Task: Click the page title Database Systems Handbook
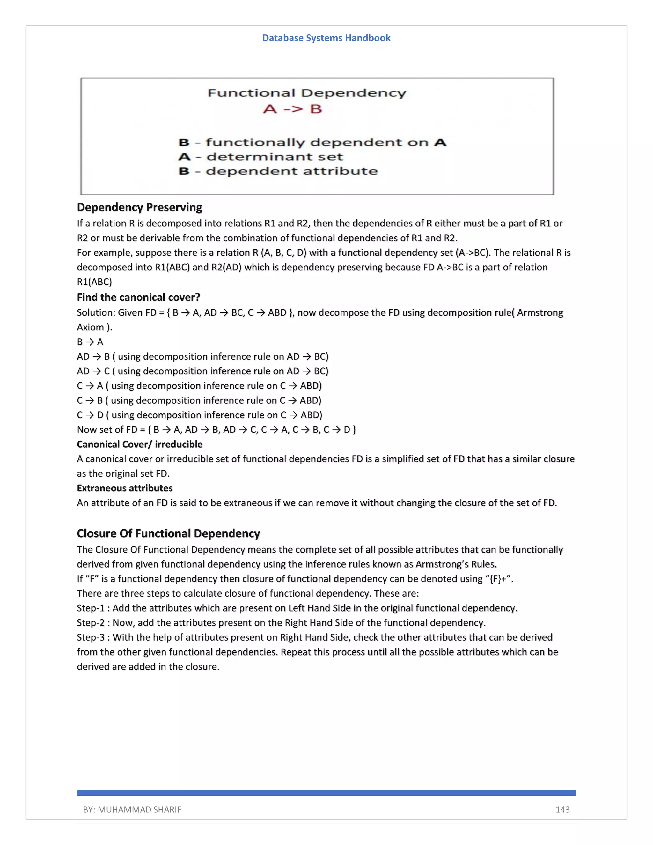[326, 38]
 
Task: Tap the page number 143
[562, 809]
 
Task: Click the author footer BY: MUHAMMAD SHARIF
[132, 809]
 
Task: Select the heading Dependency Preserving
[139, 207]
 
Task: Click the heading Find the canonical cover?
[138, 297]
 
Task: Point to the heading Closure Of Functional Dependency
[168, 533]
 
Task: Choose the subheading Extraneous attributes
[125, 488]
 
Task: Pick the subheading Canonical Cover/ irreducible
[140, 444]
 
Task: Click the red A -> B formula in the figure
[292, 109]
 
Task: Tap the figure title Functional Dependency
[307, 93]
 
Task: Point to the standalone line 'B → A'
[90, 342]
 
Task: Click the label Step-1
[91, 608]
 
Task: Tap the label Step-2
[91, 623]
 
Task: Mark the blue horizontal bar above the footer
[326, 792]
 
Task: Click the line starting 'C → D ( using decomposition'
[199, 415]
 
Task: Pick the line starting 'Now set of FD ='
[216, 430]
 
